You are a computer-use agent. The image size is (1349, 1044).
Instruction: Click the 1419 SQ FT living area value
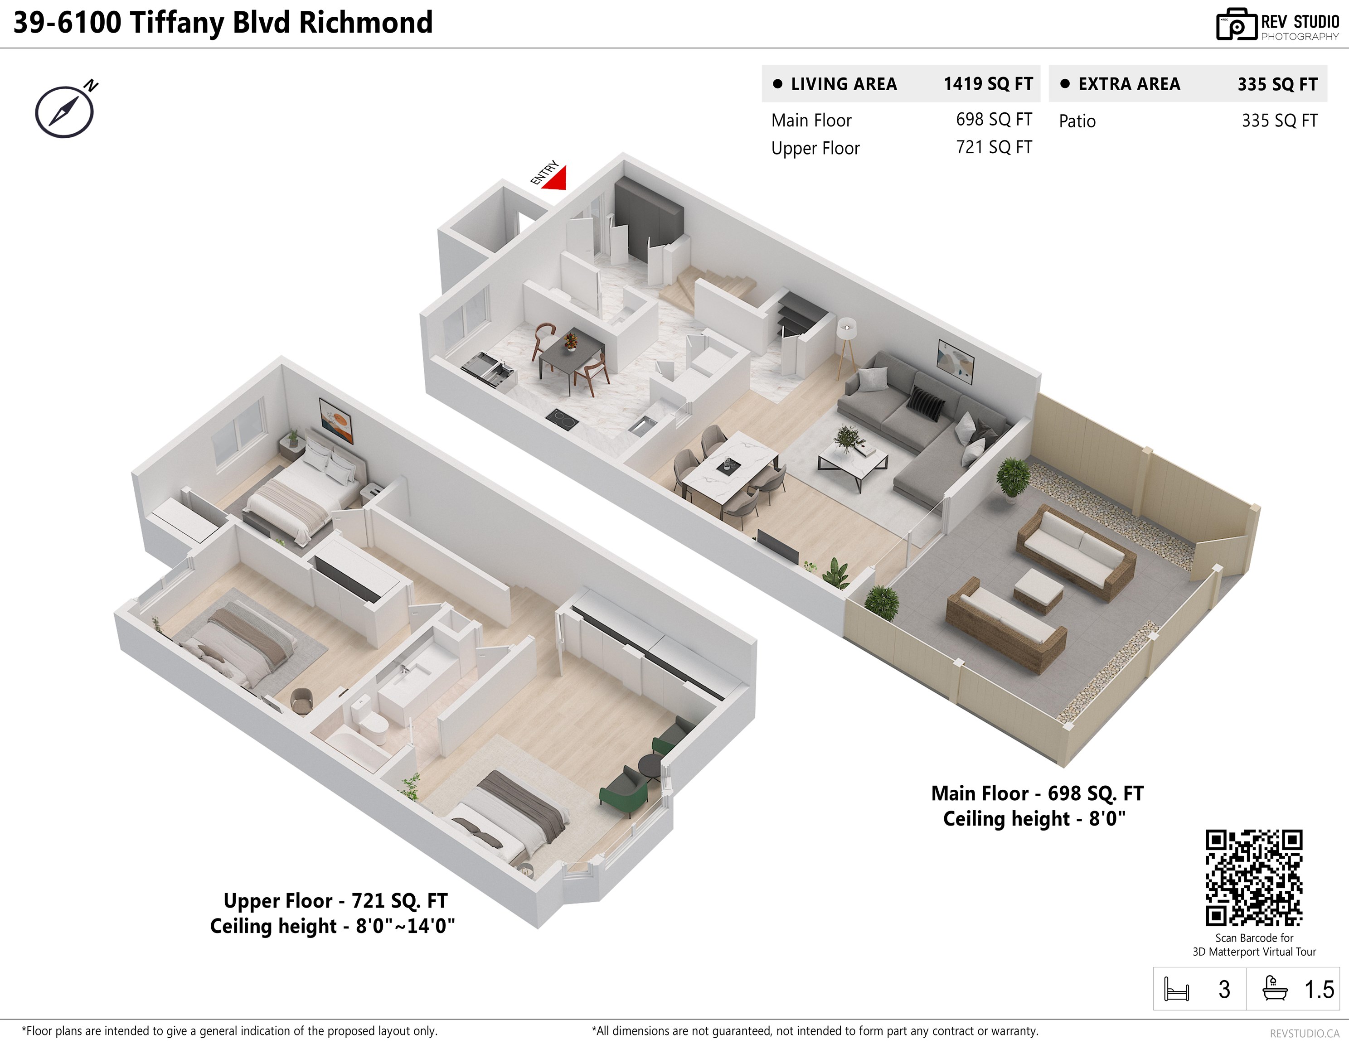[x=988, y=84]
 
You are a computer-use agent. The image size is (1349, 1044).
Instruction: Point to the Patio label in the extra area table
[x=1077, y=121]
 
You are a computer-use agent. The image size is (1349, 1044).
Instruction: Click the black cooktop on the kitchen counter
[x=562, y=419]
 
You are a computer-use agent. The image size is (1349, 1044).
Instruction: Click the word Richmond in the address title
[x=366, y=23]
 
